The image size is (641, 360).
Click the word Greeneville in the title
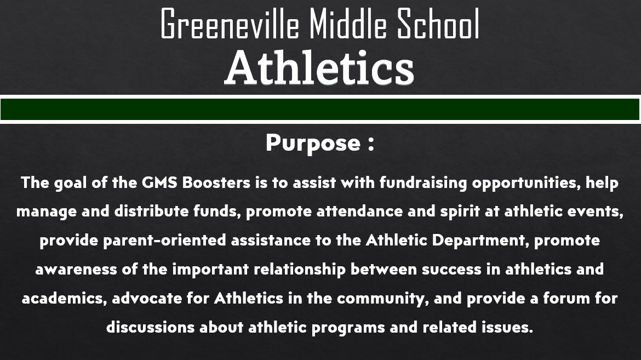click(x=230, y=24)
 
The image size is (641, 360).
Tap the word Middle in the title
click(x=347, y=24)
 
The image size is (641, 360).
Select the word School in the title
click(x=438, y=24)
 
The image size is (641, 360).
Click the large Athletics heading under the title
click(x=320, y=68)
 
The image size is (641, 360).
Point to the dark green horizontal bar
click(x=320, y=109)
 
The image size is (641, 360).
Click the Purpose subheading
click(x=313, y=143)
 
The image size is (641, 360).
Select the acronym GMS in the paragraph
click(x=159, y=182)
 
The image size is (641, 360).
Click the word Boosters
click(x=216, y=182)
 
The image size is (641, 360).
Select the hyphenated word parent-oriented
click(x=164, y=241)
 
